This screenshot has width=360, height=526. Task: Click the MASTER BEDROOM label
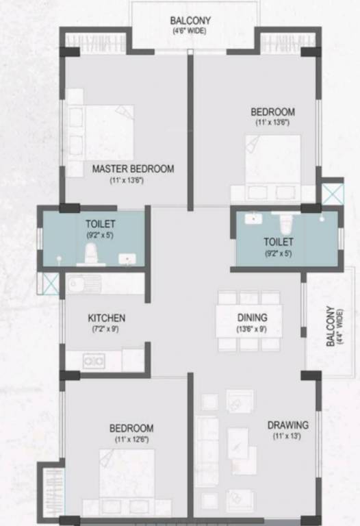[x=133, y=168]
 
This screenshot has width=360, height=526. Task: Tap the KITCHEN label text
[x=106, y=318]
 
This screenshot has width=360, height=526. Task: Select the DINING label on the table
[x=252, y=318]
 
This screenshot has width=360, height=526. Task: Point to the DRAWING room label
[x=287, y=425]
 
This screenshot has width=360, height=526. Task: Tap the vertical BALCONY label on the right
[x=331, y=326]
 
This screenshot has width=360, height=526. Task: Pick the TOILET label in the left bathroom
[x=100, y=223]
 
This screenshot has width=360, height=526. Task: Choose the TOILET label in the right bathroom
[x=279, y=242]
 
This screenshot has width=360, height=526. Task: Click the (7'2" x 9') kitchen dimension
[x=106, y=329]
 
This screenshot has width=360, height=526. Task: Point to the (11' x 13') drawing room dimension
[x=287, y=436]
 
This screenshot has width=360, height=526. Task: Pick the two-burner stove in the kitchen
[x=93, y=360]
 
